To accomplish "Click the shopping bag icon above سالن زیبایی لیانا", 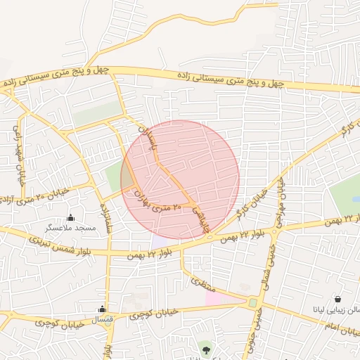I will click(x=338, y=300).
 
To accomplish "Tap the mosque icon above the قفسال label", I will click(x=103, y=309).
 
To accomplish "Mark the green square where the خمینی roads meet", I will click(x=252, y=303).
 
